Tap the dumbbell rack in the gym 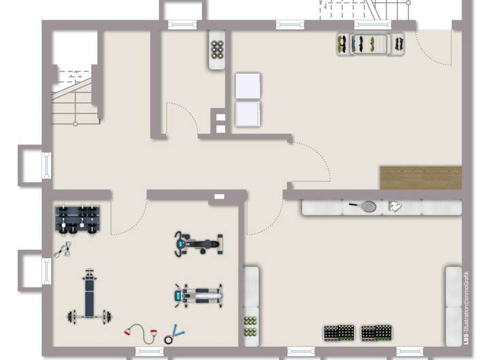click(x=77, y=219)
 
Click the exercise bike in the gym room click(x=198, y=242)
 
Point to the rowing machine click(x=198, y=294)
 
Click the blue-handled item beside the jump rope click(x=175, y=331)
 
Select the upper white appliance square click(x=248, y=87)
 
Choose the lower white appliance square click(x=248, y=114)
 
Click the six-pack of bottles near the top click(x=218, y=48)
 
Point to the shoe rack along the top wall click(x=370, y=43)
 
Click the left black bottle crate click(x=339, y=333)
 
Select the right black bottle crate click(x=377, y=333)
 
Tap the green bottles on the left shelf click(x=251, y=326)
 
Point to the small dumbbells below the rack click(x=63, y=250)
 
